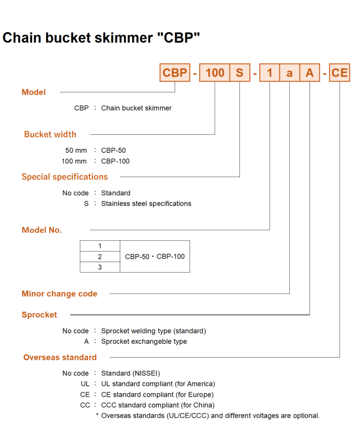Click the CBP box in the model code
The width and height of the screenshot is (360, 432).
pos(175,73)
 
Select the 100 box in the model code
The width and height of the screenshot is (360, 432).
pos(214,73)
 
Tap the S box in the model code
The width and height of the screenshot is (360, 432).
pos(240,73)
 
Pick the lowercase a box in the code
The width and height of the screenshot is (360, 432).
pos(289,73)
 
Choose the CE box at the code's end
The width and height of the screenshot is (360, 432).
pos(340,73)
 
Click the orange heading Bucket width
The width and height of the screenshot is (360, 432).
pos(50,134)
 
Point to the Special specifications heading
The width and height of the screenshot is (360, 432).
pos(65,177)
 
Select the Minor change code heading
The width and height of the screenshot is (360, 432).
pos(59,294)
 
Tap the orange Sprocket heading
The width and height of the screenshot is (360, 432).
pos(39,314)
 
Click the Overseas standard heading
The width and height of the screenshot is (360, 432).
pos(60,357)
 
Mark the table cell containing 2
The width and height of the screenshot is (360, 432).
pos(100,256)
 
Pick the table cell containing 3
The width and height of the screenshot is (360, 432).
pos(100,267)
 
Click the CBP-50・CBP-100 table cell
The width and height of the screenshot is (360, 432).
pos(155,256)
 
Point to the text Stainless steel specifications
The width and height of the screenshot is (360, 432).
pos(146,204)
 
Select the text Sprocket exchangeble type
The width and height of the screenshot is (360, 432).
pos(144,341)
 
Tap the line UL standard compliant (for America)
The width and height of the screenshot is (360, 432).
pos(158,384)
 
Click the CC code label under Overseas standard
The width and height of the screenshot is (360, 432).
pos(85,405)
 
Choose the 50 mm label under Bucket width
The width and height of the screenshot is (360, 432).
pos(76,150)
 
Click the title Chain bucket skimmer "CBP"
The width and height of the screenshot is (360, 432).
pos(101,38)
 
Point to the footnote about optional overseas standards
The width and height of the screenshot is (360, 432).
pos(208,416)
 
